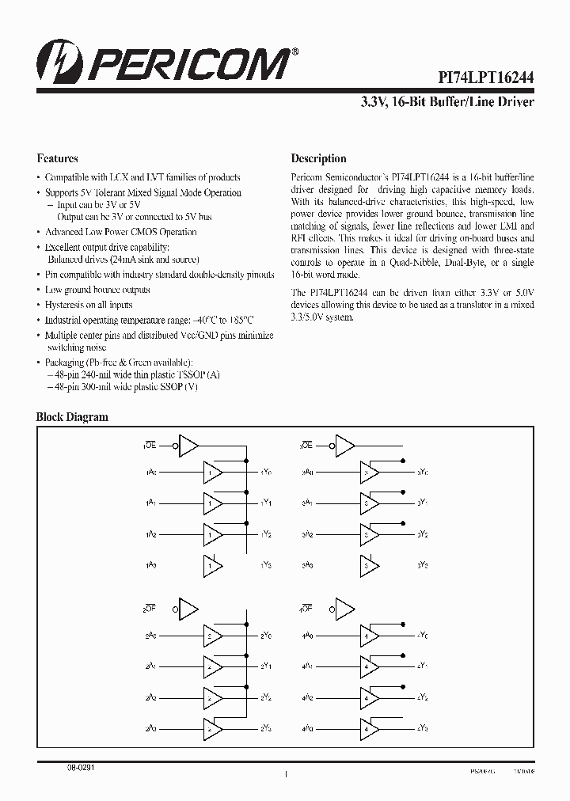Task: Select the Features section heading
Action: point(57,158)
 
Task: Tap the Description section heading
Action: point(318,158)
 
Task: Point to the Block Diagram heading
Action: point(72,417)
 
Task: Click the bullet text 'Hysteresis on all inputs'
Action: point(89,305)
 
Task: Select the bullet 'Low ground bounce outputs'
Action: point(97,290)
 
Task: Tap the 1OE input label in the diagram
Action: point(150,446)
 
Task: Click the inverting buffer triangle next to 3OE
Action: point(345,446)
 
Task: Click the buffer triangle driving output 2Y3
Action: point(213,727)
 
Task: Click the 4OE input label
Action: point(305,609)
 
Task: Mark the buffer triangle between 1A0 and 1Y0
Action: point(213,473)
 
